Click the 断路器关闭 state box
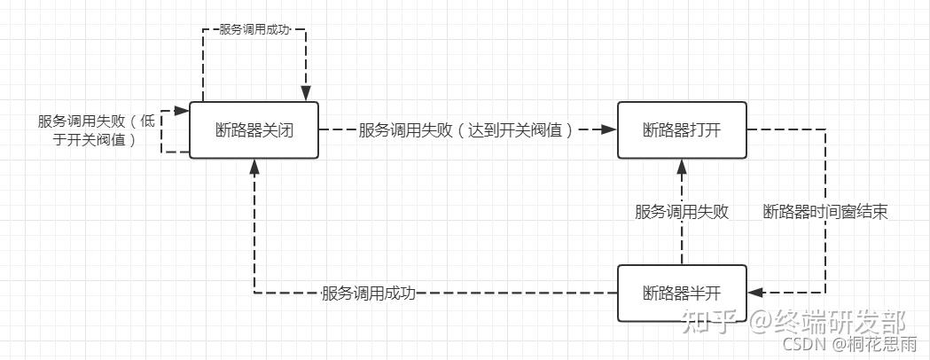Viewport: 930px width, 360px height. tap(254, 130)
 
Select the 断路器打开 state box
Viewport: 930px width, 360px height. tap(682, 130)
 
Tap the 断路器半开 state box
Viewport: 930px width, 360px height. tap(682, 293)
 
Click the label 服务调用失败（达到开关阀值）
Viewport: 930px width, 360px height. tap(467, 130)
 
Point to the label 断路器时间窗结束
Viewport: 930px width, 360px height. tap(825, 212)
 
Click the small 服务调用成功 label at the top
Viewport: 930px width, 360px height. tap(255, 29)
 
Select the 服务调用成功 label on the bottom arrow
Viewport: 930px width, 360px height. tap(368, 293)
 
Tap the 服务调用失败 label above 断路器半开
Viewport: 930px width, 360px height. tap(682, 212)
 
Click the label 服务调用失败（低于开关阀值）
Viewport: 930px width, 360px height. tap(96, 130)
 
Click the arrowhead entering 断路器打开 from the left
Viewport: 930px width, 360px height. tap(610, 130)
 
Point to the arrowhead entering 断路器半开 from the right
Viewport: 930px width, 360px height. tap(755, 293)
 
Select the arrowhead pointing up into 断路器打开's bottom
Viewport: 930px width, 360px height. tap(682, 166)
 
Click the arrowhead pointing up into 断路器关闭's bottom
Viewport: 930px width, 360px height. tap(254, 166)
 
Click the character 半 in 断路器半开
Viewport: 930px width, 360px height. tap(698, 293)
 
